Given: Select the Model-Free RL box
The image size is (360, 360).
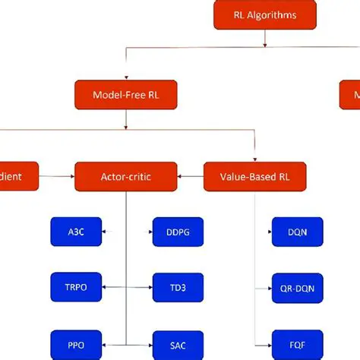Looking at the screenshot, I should pos(125,95).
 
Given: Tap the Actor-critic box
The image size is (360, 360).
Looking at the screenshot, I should pos(125,176).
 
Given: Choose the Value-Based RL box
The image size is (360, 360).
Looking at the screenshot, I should pos(256,176).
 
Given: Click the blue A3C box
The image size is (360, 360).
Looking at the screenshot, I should pos(76,232).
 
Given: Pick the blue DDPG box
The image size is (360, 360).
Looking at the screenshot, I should pos(178,232).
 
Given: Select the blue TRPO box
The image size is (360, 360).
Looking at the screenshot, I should pos(76,287).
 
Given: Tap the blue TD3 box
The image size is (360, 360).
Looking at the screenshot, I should pos(178,287).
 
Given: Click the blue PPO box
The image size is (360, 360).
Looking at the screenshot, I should pos(76,344).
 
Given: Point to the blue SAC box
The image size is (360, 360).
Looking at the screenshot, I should pos(178,344).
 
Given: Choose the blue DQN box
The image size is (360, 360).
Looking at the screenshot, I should pos(298,232).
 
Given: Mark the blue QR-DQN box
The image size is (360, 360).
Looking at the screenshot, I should pos(298,287).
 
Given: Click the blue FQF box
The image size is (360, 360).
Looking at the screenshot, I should pos(298,344).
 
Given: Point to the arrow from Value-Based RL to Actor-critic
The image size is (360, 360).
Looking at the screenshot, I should pos(191,176).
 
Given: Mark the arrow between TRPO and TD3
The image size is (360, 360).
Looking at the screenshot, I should pos(127,287).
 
